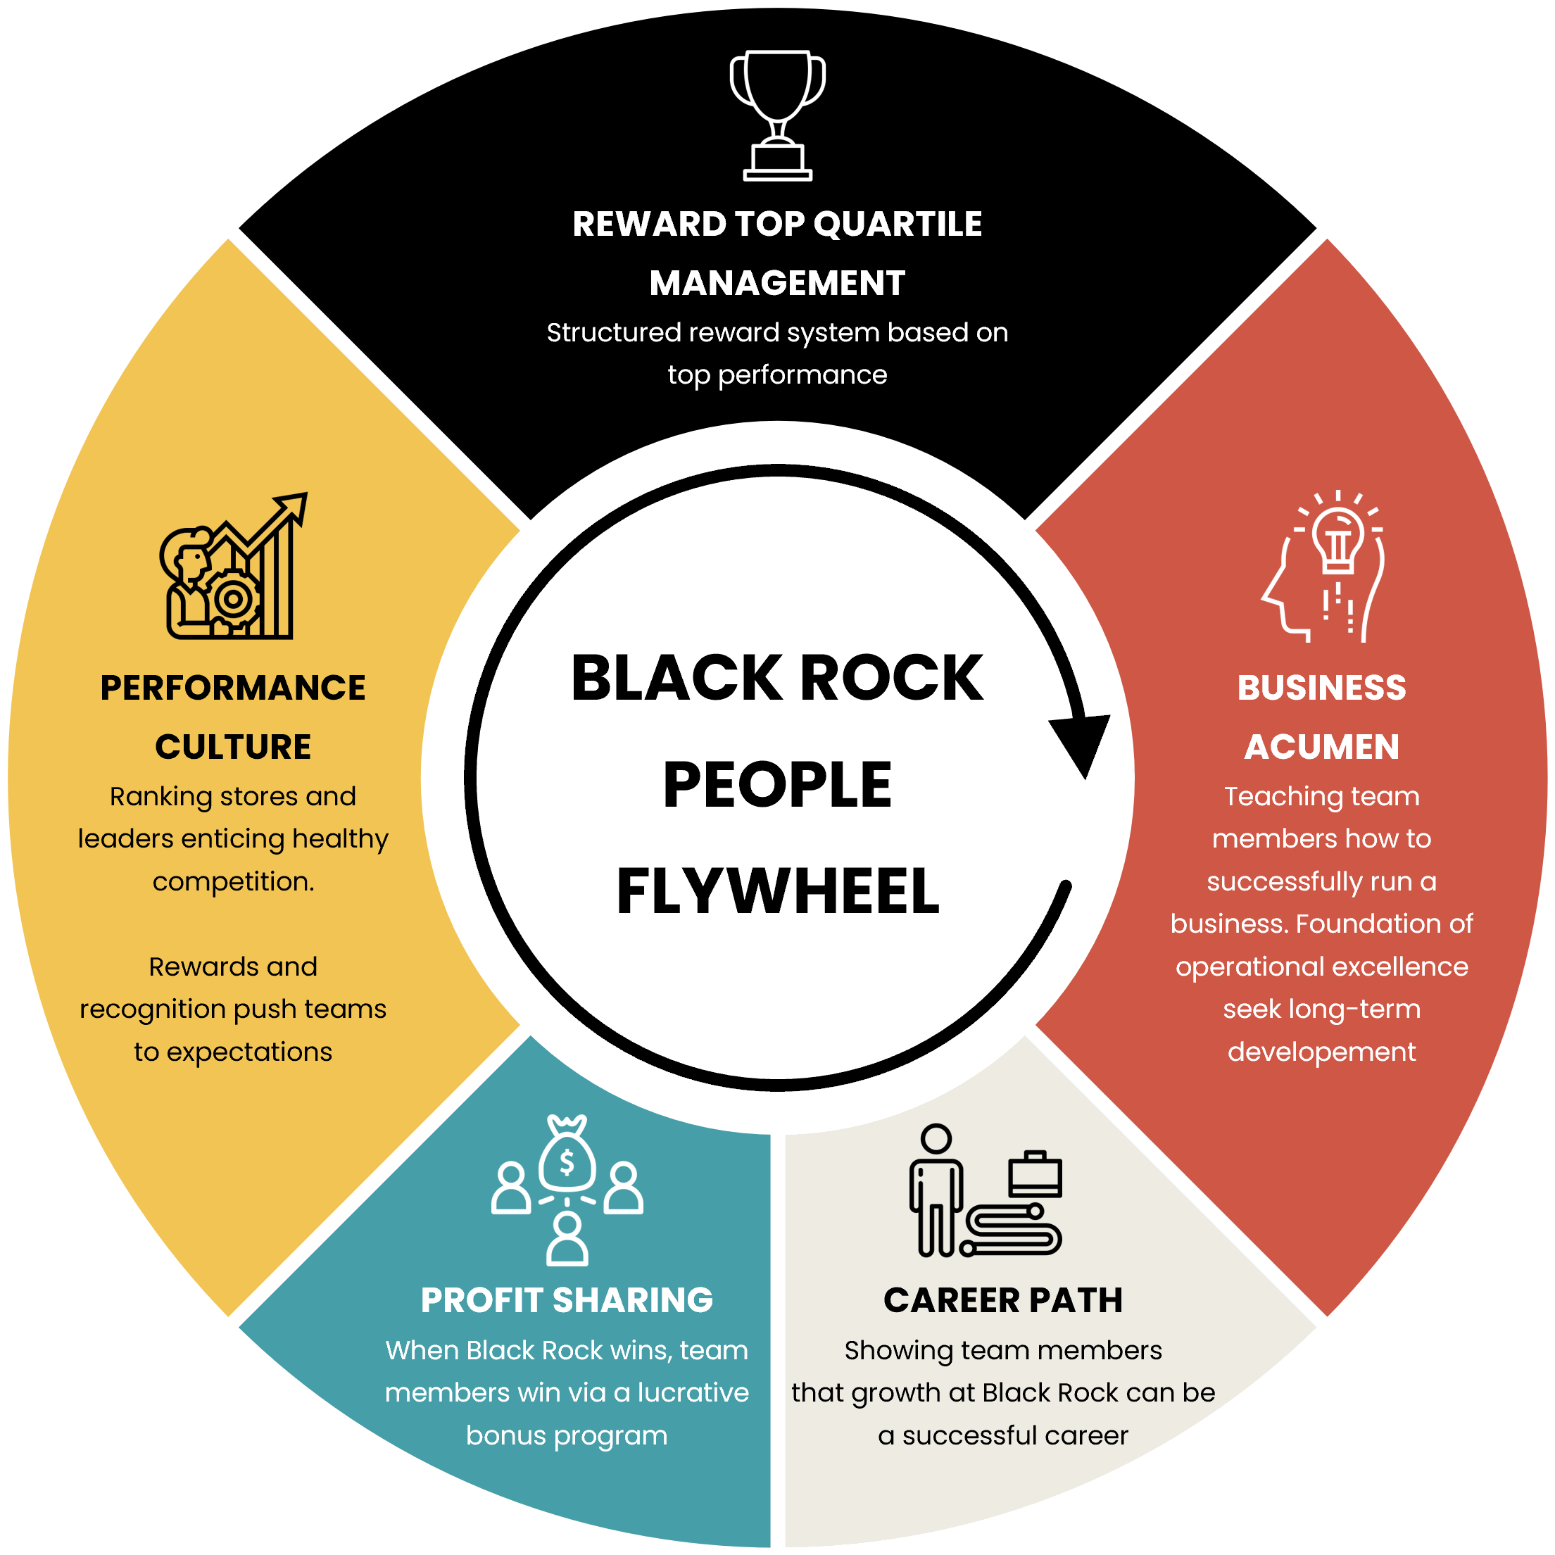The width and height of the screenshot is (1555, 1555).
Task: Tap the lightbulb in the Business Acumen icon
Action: [1337, 537]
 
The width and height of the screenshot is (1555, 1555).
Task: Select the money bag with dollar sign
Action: [567, 1156]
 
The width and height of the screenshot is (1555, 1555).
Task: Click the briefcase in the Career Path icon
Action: [1035, 1175]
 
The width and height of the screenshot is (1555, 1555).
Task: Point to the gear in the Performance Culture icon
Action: [234, 599]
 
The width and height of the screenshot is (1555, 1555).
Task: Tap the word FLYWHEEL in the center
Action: [777, 892]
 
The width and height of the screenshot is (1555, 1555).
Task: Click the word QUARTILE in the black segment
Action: [898, 224]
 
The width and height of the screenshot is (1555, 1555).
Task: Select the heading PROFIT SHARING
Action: [567, 1301]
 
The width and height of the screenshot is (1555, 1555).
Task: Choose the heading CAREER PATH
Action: [1003, 1301]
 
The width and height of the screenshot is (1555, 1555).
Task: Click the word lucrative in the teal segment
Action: [693, 1393]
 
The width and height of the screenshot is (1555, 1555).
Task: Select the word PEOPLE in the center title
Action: [777, 785]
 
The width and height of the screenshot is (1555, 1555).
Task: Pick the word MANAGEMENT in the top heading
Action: [777, 283]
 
